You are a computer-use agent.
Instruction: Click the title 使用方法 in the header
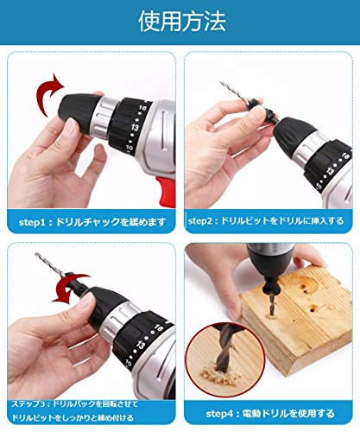point(182,21)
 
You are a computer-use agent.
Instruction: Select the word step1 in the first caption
point(32,222)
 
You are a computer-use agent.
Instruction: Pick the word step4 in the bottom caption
point(219,414)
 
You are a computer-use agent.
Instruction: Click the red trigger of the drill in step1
point(167,192)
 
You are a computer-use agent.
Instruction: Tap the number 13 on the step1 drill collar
point(135,127)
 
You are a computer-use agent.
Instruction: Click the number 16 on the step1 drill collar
point(142,108)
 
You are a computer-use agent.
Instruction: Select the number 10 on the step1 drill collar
point(129,148)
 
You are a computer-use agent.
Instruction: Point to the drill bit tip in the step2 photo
point(221,82)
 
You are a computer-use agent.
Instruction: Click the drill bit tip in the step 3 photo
point(36,254)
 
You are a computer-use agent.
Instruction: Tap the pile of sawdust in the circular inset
point(215,375)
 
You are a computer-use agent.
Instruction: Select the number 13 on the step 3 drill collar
point(141,345)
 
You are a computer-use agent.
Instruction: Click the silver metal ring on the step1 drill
point(104,118)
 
